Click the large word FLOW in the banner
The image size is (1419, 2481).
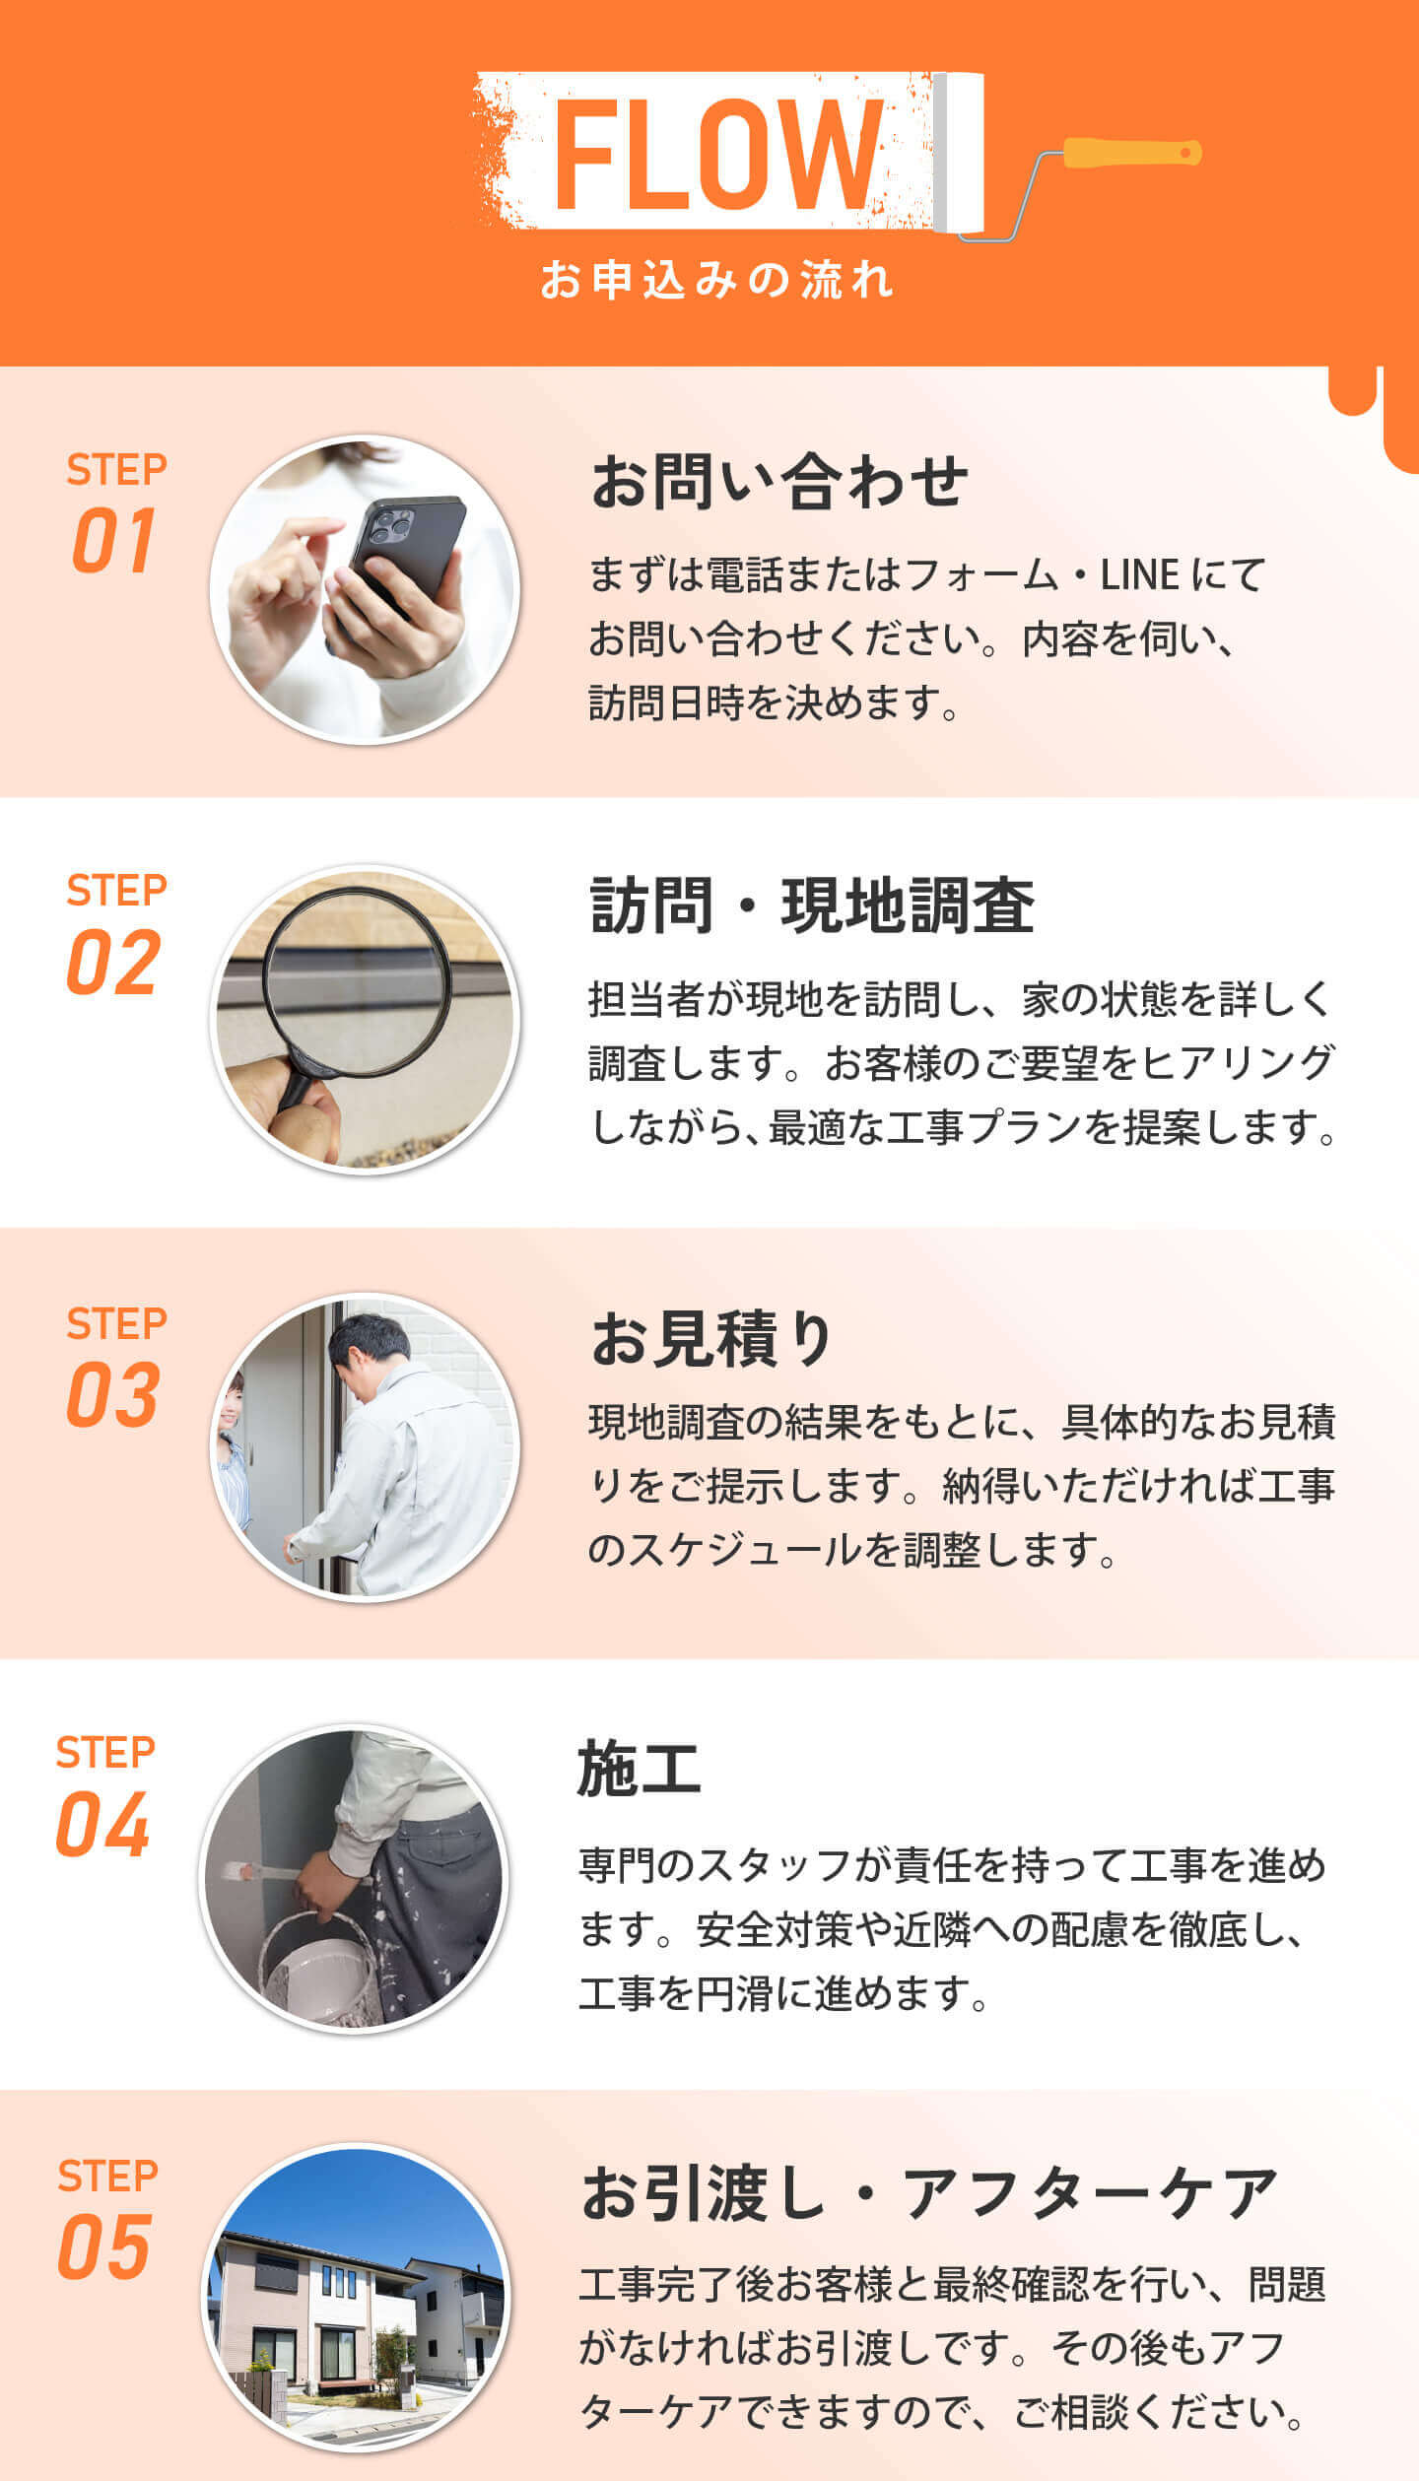[718, 155]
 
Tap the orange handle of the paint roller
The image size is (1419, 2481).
[1132, 153]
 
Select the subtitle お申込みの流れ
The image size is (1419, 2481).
[716, 280]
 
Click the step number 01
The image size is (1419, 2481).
[113, 540]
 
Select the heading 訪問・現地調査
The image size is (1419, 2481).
[812, 905]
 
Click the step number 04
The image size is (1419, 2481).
[102, 1824]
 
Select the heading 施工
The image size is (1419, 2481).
[639, 1769]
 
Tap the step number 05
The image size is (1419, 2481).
[103, 2247]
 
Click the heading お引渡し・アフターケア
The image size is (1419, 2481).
[929, 2192]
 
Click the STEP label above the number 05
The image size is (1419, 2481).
[107, 2176]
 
